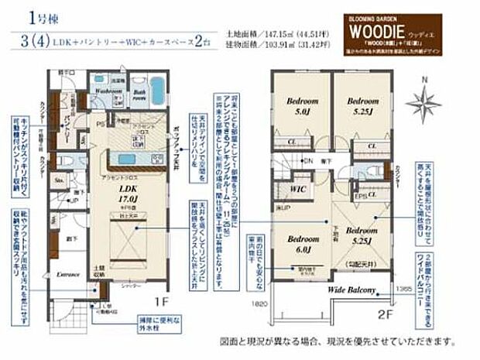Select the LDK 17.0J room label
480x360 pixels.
[x=129, y=193]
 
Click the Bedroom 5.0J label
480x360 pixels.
[x=299, y=105]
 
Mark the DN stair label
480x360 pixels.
[x=308, y=161]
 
